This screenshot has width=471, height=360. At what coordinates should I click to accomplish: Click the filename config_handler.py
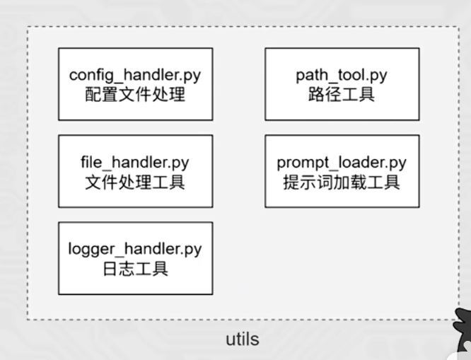coord(135,74)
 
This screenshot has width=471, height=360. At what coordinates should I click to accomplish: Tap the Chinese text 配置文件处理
coord(135,93)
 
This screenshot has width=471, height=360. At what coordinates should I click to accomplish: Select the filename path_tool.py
coord(342,74)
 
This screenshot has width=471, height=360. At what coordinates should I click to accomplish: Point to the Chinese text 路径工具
coord(342,93)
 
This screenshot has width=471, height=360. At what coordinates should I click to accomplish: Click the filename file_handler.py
coord(135,162)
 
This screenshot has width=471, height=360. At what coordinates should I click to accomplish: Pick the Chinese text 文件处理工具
coord(135,181)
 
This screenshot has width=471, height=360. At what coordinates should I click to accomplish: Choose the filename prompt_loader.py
coord(342,162)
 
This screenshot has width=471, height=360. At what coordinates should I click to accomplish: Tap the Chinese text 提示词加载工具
coord(342,181)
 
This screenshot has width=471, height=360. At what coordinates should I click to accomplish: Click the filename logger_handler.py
coord(135,249)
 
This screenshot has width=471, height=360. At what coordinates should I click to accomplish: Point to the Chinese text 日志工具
coord(135,268)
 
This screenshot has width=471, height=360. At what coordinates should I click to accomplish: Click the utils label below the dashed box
coord(242,339)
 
